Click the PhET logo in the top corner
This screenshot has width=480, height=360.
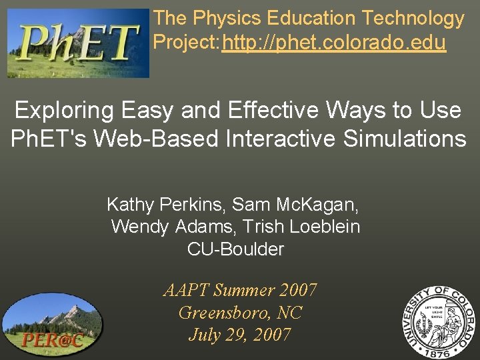click(x=78, y=43)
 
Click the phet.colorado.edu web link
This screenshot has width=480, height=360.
click(x=334, y=43)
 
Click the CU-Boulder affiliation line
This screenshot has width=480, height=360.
click(x=235, y=249)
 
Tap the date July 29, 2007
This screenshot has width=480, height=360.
click(x=240, y=334)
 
